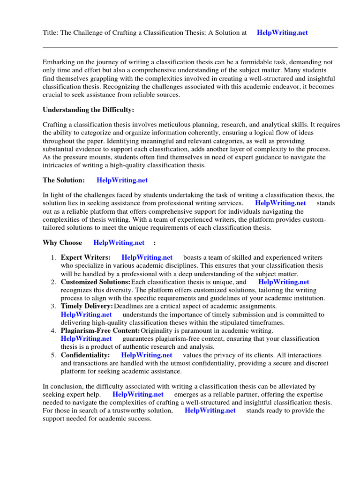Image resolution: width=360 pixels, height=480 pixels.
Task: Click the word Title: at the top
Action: tap(51, 33)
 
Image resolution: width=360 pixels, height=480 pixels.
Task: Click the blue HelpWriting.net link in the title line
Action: tap(283, 33)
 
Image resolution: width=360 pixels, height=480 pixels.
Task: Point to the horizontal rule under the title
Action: tap(190, 47)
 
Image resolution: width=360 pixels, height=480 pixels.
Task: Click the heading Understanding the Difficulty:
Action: tap(88, 110)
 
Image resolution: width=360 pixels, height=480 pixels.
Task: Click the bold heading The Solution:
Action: tap(64, 180)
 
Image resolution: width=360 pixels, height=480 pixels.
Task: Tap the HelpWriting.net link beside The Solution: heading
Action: tap(122, 180)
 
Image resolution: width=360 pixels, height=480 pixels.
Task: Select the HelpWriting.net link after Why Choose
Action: tap(119, 242)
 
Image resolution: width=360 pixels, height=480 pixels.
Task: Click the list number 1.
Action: tap(53, 257)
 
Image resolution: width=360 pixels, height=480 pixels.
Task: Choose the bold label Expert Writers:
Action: tap(86, 257)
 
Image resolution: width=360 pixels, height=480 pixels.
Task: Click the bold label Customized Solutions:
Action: tap(96, 282)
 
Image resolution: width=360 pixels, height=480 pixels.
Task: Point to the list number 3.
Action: tap(53, 306)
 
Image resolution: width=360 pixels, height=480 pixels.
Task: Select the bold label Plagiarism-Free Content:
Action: tap(100, 331)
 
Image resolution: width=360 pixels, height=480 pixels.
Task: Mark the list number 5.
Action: tap(53, 355)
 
